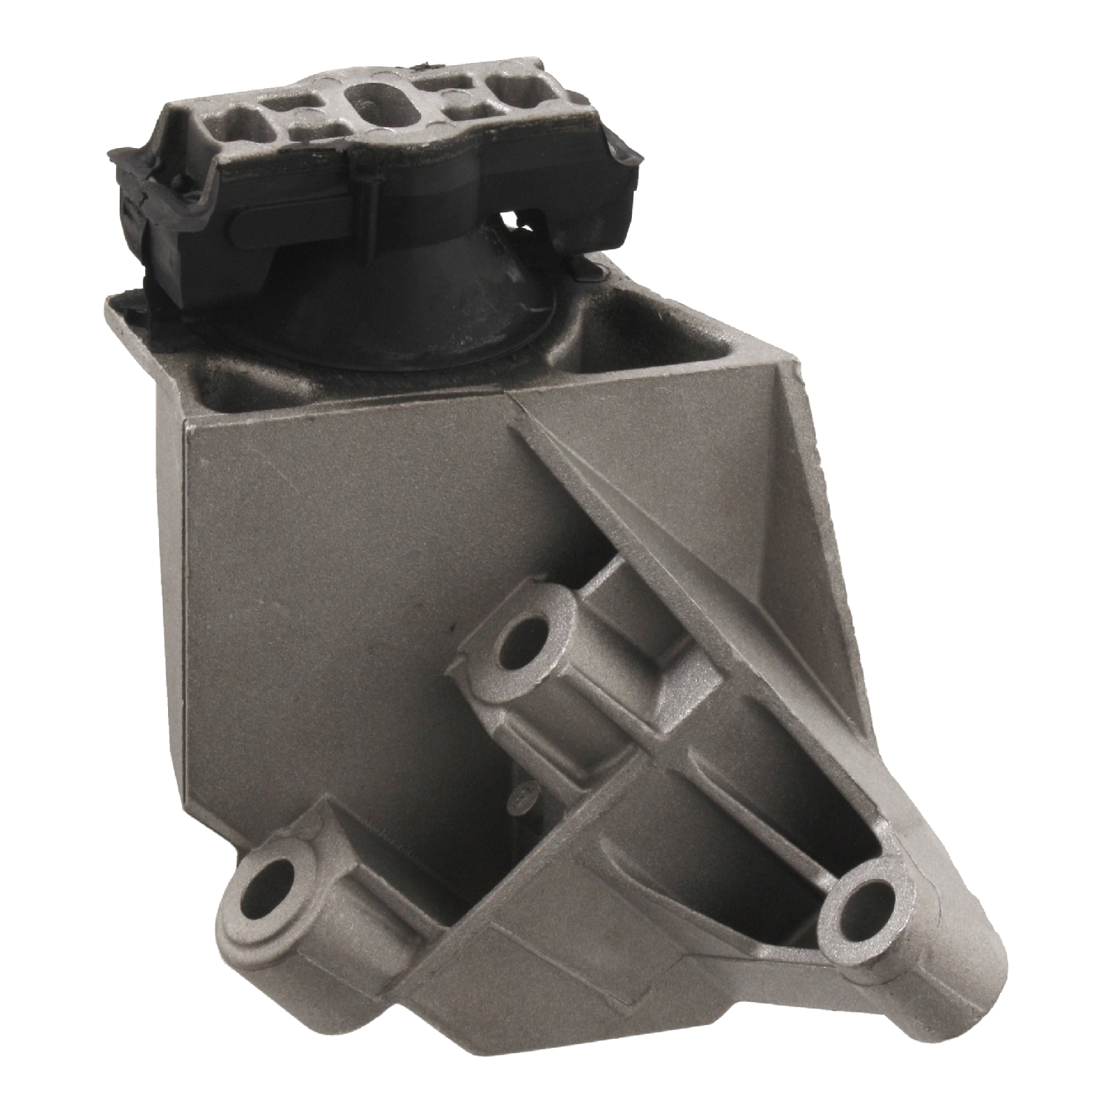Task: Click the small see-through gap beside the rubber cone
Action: tap(509, 220)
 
